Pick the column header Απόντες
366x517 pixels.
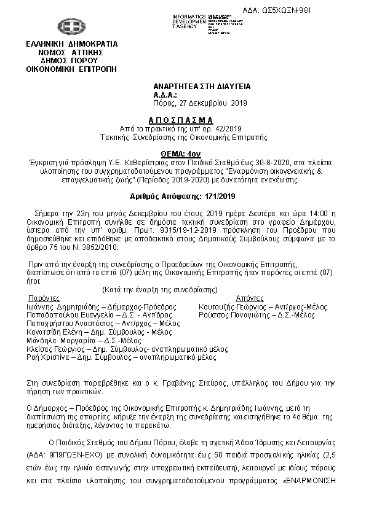click(234, 297)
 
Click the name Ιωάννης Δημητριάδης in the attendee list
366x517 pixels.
click(59, 305)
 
